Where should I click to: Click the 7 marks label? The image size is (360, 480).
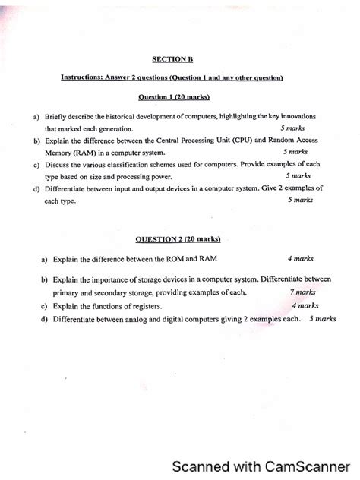tap(302, 292)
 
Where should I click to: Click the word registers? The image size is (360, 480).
tap(145, 306)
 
